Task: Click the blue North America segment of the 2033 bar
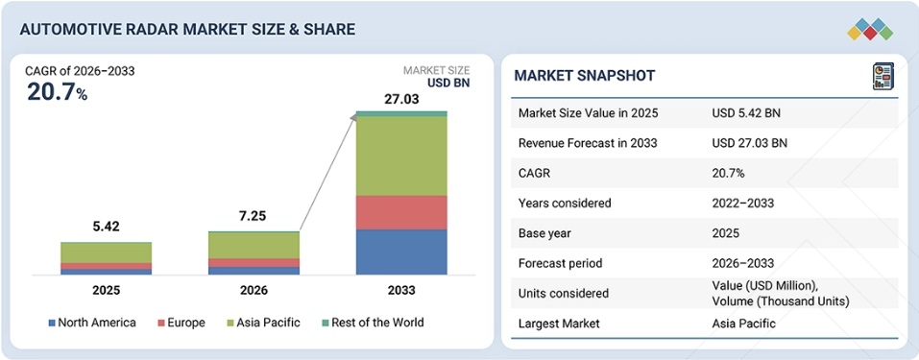(x=401, y=252)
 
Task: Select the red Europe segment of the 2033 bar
(x=401, y=212)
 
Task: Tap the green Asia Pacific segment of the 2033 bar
(x=401, y=156)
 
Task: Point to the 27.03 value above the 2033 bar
(x=401, y=99)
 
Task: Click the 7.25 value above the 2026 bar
(x=254, y=216)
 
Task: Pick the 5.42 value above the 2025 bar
(x=106, y=227)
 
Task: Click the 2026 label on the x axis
(x=254, y=291)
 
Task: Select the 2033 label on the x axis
(x=401, y=291)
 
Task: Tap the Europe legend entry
(x=181, y=323)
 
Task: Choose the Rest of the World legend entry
(x=373, y=323)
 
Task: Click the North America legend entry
(x=92, y=323)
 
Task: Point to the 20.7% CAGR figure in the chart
(x=57, y=92)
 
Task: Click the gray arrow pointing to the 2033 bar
(x=328, y=172)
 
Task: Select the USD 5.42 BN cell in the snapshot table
(x=746, y=113)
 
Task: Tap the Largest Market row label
(x=560, y=324)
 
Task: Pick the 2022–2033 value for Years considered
(x=742, y=204)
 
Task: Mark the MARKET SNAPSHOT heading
(x=585, y=75)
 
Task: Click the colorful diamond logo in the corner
(x=870, y=29)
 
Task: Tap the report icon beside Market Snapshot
(x=883, y=76)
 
